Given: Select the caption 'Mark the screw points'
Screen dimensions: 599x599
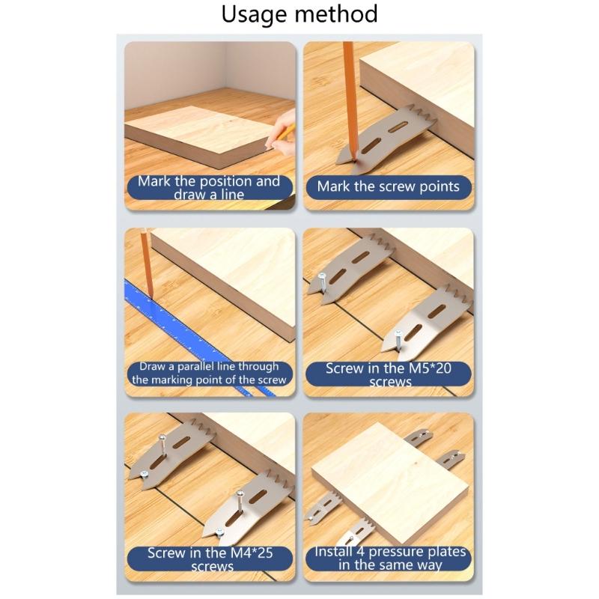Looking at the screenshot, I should pyautogui.click(x=388, y=186).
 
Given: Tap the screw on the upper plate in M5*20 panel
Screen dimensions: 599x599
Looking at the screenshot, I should pyautogui.click(x=321, y=282).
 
